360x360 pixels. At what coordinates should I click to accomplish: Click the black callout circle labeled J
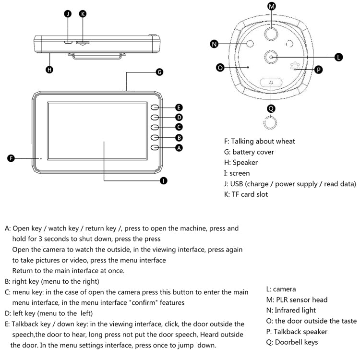click(68, 14)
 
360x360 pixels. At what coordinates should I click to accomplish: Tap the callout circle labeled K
click(83, 14)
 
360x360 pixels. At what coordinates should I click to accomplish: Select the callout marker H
click(49, 70)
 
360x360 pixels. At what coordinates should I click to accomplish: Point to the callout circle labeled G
click(160, 72)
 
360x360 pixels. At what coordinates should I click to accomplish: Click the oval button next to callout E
click(155, 108)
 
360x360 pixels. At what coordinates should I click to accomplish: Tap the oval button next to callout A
click(155, 148)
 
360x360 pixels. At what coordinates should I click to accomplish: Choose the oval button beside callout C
click(155, 127)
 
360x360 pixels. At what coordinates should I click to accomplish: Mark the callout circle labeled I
click(163, 180)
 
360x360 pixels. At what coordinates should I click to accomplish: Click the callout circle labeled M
click(272, 6)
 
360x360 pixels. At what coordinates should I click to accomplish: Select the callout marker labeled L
click(339, 57)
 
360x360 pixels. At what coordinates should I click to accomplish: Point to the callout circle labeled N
click(214, 44)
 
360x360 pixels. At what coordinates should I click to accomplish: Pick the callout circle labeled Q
click(271, 108)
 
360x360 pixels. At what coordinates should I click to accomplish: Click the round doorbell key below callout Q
click(271, 124)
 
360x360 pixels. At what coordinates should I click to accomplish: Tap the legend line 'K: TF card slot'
click(246, 194)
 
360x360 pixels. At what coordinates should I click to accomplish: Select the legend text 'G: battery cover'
click(249, 152)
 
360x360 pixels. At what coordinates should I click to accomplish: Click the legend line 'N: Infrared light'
click(291, 310)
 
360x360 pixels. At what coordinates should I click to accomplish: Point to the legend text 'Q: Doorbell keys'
click(292, 342)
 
